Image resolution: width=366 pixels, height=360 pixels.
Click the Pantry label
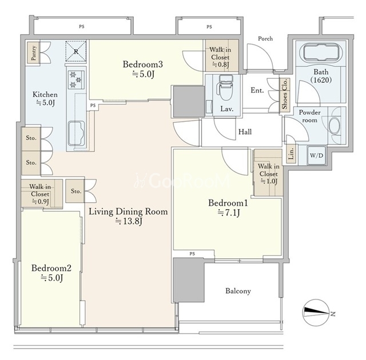pos(34,53)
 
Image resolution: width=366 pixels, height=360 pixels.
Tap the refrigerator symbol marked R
pos(76,51)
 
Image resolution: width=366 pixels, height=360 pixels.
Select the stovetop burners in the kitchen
pos(76,79)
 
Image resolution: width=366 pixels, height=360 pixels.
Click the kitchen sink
pos(76,133)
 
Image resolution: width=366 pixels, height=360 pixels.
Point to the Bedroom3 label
pos(143,64)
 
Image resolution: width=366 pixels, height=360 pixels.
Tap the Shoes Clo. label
pos(285,94)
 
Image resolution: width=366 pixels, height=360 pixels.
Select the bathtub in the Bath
pos(322,53)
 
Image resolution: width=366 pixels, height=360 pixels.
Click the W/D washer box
pos(316,155)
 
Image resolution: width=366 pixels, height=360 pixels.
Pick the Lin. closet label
pos(291,154)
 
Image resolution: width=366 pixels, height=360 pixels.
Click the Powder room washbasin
pos(334,125)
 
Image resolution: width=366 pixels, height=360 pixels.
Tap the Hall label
pos(245,132)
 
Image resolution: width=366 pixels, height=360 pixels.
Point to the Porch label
pos(265,38)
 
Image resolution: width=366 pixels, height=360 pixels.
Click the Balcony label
pos(238,291)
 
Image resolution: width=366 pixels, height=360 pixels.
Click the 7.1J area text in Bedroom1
pos(229,213)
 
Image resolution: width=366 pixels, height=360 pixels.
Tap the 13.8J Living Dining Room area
pos(129,221)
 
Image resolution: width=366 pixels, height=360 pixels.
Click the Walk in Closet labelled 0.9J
pos(40,194)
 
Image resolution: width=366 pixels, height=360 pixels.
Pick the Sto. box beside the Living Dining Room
pos(75,191)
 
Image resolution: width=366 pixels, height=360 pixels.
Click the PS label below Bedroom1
pos(192,254)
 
